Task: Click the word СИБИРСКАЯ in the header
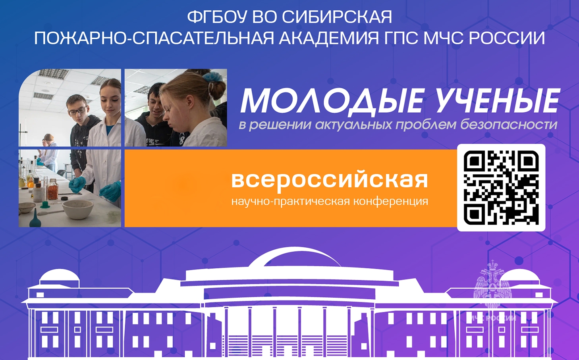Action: [x=337, y=17]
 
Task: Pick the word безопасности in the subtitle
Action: [x=509, y=125]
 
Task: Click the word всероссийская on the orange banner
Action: [x=329, y=179]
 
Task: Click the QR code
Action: [x=501, y=188]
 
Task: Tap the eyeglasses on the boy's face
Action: [x=78, y=110]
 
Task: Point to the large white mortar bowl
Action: [x=78, y=208]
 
